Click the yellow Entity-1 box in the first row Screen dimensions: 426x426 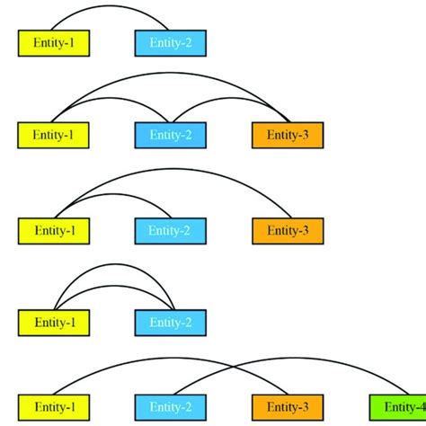coord(53,42)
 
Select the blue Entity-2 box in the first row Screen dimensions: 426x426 coord(170,42)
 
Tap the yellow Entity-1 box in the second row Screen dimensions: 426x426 coord(53,135)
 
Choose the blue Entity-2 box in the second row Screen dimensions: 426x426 coord(170,135)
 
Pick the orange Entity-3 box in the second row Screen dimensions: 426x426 coord(287,135)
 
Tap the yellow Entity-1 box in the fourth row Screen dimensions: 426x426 coord(53,322)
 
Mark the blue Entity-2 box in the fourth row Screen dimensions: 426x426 coord(170,322)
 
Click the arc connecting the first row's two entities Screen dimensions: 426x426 coord(111,6)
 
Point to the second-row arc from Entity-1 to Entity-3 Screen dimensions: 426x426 coord(170,75)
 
